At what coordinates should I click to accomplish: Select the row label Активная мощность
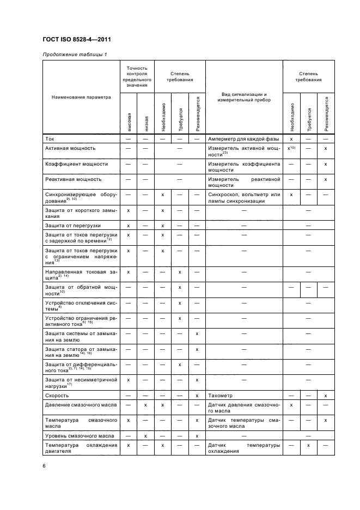[70, 148]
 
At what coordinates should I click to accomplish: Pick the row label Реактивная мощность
[72, 179]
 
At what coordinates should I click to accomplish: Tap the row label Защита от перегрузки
[72, 225]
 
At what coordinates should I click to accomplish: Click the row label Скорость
[58, 394]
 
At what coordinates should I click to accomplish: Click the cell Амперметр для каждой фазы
[243, 139]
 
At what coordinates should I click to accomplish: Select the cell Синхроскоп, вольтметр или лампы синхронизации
[243, 197]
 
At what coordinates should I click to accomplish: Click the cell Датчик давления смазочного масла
[243, 407]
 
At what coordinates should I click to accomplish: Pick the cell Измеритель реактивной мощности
[243, 182]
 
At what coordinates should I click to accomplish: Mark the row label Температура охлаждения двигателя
[81, 448]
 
